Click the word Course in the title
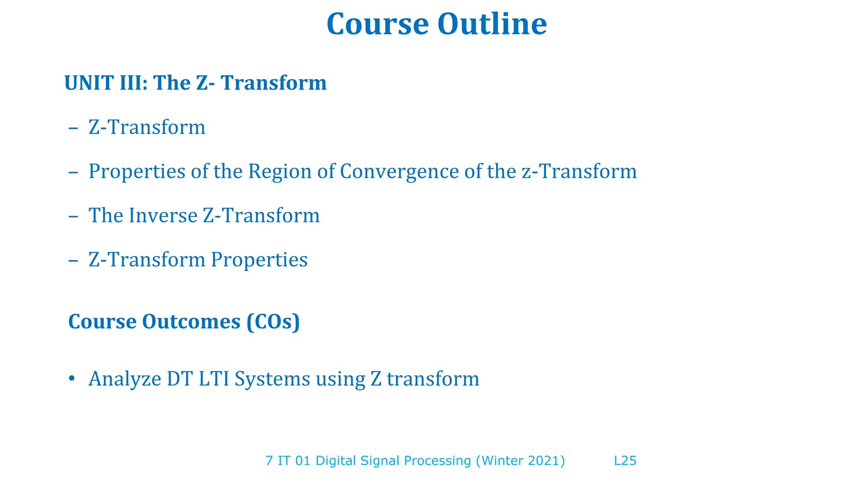tap(378, 24)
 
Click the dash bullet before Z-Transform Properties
tap(73, 260)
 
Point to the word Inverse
tap(163, 216)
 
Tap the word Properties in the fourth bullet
tap(259, 260)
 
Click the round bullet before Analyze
tap(71, 378)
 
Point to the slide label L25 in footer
tap(625, 461)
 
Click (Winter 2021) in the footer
tap(520, 461)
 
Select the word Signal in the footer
tap(380, 461)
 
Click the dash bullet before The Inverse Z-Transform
tap(73, 216)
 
